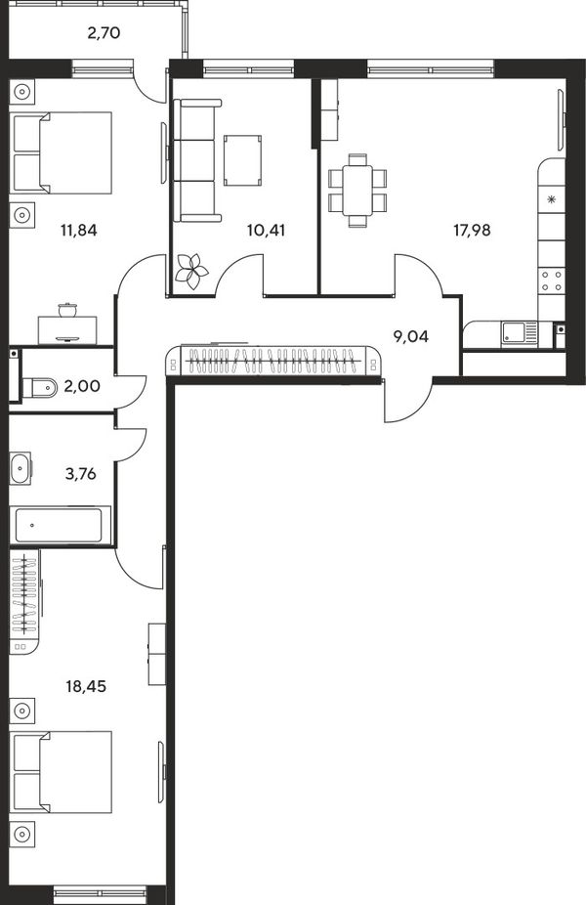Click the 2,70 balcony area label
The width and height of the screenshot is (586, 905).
pyautogui.click(x=104, y=33)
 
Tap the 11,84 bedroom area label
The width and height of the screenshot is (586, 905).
pyautogui.click(x=78, y=231)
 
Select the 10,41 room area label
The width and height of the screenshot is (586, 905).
pyautogui.click(x=266, y=231)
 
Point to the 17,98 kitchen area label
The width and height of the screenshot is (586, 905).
pyautogui.click(x=472, y=231)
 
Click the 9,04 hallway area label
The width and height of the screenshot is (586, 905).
pyautogui.click(x=410, y=336)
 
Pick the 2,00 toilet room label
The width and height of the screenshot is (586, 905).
pyautogui.click(x=82, y=386)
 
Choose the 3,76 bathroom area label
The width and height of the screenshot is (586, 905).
pyautogui.click(x=80, y=474)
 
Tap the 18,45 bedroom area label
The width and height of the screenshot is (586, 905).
pyautogui.click(x=86, y=687)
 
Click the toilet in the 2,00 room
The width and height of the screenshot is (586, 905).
pyautogui.click(x=39, y=387)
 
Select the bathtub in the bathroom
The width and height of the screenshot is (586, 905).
pyautogui.click(x=60, y=525)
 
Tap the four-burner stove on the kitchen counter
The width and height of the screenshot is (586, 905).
pyautogui.click(x=551, y=281)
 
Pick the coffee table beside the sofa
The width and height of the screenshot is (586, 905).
pyautogui.click(x=243, y=160)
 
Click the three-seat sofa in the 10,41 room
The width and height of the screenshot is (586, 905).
pyautogui.click(x=197, y=160)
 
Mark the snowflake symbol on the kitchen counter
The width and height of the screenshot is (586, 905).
pyautogui.click(x=551, y=200)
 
